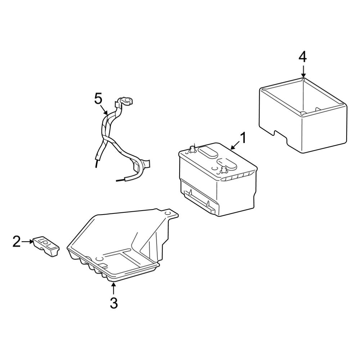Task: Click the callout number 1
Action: [243, 138]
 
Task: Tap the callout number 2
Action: [17, 242]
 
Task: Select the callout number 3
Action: [114, 303]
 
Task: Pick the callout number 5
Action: [98, 99]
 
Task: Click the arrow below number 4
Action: [303, 72]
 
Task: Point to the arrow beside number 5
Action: [104, 110]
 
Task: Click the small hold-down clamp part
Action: [46, 246]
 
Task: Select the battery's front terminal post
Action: [223, 171]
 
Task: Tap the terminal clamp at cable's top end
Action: [124, 102]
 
